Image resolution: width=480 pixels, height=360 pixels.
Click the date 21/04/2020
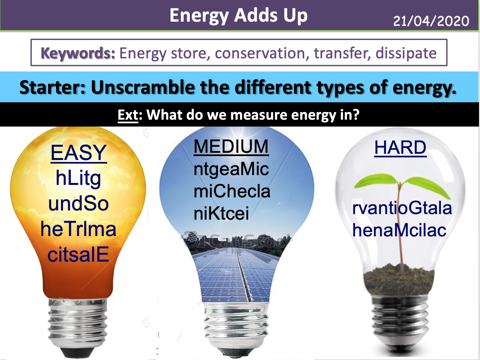tap(431, 21)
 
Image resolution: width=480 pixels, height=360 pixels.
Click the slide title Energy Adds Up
tap(238, 15)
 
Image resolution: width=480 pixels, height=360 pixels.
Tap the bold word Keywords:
tap(78, 53)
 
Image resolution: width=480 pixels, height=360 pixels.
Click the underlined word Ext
tap(128, 115)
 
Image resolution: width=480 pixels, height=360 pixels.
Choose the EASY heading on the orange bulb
tap(79, 153)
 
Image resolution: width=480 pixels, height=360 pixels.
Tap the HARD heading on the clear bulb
tap(400, 148)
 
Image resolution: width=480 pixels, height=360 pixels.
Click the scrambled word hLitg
tap(78, 178)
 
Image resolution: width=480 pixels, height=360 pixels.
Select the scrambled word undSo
tap(78, 204)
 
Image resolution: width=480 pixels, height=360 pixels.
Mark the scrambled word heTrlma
tap(78, 229)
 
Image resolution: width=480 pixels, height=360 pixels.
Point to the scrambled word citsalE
tap(78, 254)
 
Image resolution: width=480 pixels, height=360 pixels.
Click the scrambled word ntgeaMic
tap(231, 169)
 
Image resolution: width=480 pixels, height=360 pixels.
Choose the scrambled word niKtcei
tap(221, 213)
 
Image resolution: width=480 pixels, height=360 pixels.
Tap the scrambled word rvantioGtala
tap(402, 208)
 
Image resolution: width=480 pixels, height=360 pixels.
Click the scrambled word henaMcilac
tap(399, 230)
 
